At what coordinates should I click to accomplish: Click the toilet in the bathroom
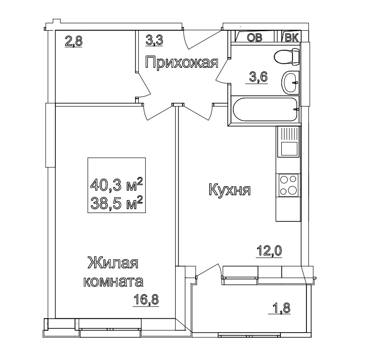coord(286,57)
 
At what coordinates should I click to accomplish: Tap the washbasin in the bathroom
coord(290,82)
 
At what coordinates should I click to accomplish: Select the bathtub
coord(265,109)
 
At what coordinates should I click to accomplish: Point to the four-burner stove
coord(288,186)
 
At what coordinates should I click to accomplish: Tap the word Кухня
coord(229,189)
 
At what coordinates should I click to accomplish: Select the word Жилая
coord(113,263)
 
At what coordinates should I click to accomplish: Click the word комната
coord(113,282)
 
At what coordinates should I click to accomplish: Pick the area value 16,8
coord(146,300)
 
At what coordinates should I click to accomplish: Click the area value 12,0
coord(269,251)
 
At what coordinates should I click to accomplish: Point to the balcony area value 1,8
coord(279,308)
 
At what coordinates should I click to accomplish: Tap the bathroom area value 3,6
coord(257,77)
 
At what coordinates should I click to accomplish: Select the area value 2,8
coord(74,41)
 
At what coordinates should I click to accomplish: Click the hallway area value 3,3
coord(154,40)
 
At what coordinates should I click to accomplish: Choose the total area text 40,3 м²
coord(116,184)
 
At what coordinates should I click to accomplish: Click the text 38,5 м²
coord(116,202)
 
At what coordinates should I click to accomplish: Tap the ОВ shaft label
coord(255,37)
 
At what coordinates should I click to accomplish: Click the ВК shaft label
coord(292,37)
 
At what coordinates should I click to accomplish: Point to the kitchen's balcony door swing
coord(208,271)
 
